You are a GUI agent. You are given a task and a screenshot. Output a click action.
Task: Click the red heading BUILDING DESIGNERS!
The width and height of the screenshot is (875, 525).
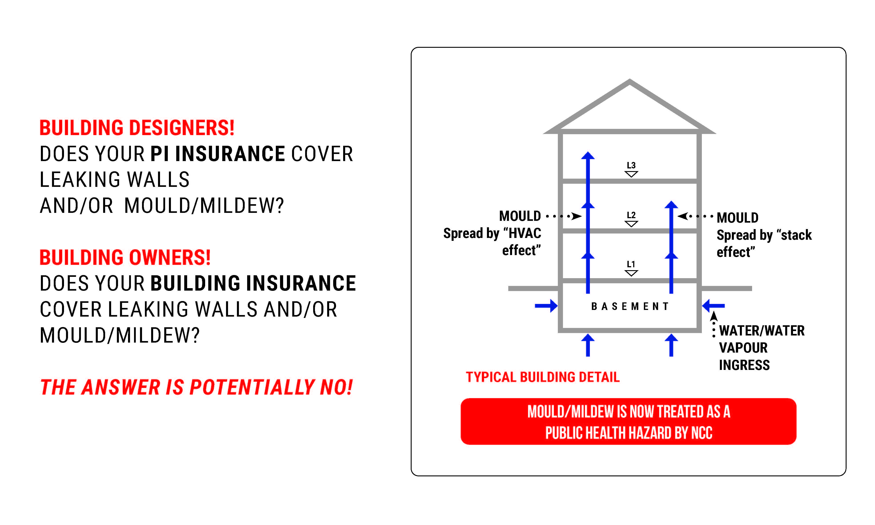(x=137, y=128)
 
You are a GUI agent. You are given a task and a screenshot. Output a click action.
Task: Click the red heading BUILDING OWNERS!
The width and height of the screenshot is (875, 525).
(x=125, y=258)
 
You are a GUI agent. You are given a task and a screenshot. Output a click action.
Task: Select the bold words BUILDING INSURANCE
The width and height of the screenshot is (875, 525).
(x=253, y=283)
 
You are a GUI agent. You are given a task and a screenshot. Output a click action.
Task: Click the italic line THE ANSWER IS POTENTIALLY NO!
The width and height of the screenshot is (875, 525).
(x=196, y=387)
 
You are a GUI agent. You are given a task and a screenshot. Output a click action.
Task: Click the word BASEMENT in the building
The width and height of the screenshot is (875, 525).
(x=630, y=306)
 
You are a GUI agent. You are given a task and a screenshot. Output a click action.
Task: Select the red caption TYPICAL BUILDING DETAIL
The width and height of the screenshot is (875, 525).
(x=543, y=377)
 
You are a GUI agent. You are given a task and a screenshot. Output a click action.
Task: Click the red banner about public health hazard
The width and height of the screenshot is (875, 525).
(x=628, y=421)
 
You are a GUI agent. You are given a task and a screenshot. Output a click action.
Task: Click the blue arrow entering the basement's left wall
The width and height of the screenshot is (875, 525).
(x=546, y=306)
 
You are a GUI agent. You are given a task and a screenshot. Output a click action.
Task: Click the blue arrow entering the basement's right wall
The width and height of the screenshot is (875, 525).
(x=713, y=306)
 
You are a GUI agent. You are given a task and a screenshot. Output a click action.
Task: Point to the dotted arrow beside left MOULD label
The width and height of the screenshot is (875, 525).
(x=564, y=216)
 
